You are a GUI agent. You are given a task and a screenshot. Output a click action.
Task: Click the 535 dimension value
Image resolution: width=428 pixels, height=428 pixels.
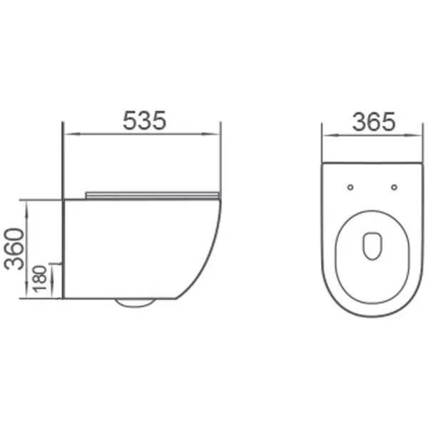144,120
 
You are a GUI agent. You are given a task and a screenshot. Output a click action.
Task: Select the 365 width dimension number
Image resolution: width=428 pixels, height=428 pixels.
374,122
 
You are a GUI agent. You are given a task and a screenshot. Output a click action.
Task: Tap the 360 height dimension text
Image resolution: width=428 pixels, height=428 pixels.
14,249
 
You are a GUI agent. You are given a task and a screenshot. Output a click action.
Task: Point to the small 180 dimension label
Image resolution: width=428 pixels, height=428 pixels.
40,279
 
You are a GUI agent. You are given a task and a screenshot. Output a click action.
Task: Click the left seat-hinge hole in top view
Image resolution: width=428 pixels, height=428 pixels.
351,187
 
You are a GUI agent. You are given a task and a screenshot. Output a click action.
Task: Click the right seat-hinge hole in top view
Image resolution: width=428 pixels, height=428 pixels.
394,187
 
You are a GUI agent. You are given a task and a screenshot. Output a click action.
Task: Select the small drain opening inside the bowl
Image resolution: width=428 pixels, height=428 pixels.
372,246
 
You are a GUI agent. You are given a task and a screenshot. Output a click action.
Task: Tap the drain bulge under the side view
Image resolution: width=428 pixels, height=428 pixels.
135,302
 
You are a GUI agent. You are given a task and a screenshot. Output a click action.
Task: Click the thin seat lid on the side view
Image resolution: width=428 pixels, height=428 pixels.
152,195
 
